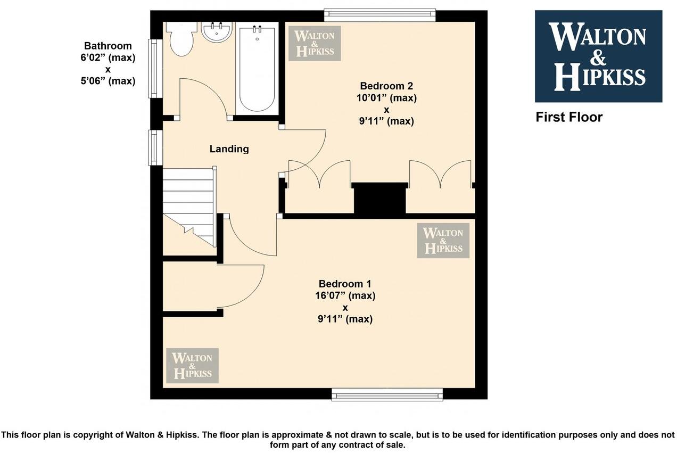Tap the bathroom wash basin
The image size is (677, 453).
(x=217, y=32)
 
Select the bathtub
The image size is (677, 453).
(x=257, y=68)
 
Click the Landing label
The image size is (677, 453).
(x=229, y=149)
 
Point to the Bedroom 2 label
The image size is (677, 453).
(x=386, y=86)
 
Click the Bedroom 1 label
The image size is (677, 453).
(x=345, y=284)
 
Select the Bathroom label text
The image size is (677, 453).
(x=108, y=46)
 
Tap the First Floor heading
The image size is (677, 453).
(x=569, y=117)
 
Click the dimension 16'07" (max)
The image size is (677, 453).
(x=345, y=295)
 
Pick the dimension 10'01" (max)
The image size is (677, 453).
(x=386, y=98)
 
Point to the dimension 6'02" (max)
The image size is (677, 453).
(x=108, y=57)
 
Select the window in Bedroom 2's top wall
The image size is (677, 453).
(x=380, y=15)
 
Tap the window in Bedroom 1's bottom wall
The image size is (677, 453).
(x=387, y=394)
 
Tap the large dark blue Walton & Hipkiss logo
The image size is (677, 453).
(x=598, y=56)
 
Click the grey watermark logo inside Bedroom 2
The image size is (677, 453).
(x=315, y=44)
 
